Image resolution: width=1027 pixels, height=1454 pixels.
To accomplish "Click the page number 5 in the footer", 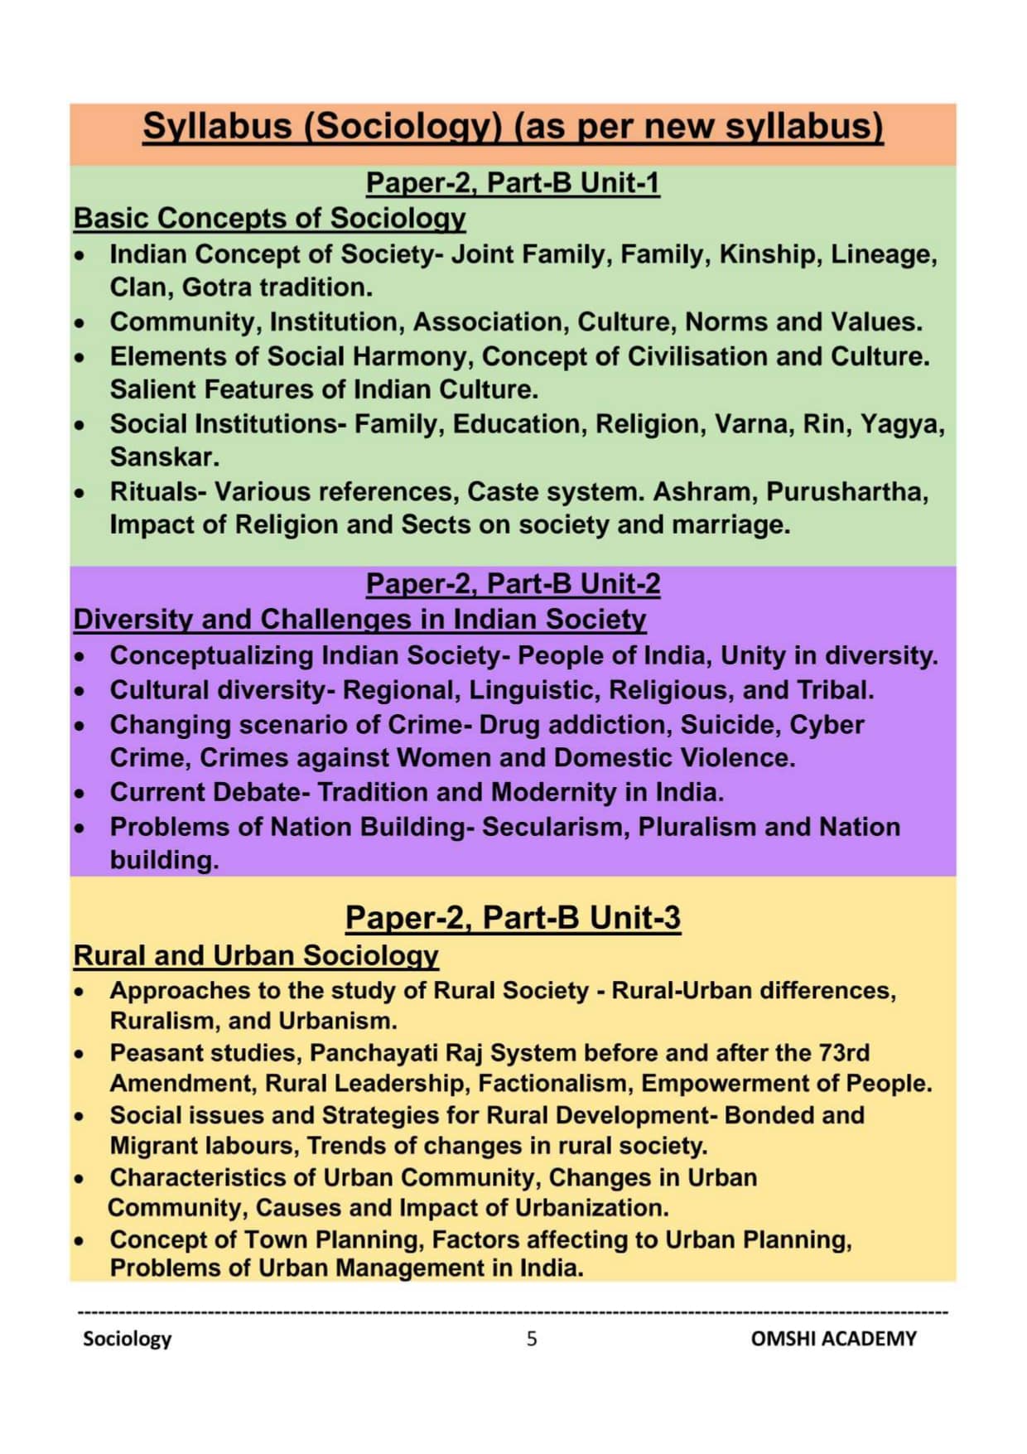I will pos(531,1338).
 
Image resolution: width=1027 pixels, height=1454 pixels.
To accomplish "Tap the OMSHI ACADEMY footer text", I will pos(833,1338).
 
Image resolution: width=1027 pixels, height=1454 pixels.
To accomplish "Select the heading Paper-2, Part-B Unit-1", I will pos(513,182).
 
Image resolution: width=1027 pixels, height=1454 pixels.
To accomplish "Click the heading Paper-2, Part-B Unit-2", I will pos(513,583).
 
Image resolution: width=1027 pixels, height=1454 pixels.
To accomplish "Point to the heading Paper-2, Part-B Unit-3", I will pos(513,917).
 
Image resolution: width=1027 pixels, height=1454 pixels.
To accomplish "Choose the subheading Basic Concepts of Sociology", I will pos(269,218).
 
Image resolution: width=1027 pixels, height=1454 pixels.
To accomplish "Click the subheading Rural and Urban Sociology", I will pos(256,954).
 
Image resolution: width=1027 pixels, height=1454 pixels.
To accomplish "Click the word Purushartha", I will pos(846,492).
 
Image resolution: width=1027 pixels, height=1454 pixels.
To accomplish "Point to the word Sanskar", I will pos(164,457).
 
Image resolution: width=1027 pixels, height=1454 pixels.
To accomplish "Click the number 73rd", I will pos(844,1052).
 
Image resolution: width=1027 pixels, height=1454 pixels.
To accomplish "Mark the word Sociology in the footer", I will pos(127,1338).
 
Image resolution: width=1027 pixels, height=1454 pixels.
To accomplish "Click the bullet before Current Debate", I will pos(80,793).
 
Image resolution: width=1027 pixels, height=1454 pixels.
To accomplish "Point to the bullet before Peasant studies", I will pos(80,1054).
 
